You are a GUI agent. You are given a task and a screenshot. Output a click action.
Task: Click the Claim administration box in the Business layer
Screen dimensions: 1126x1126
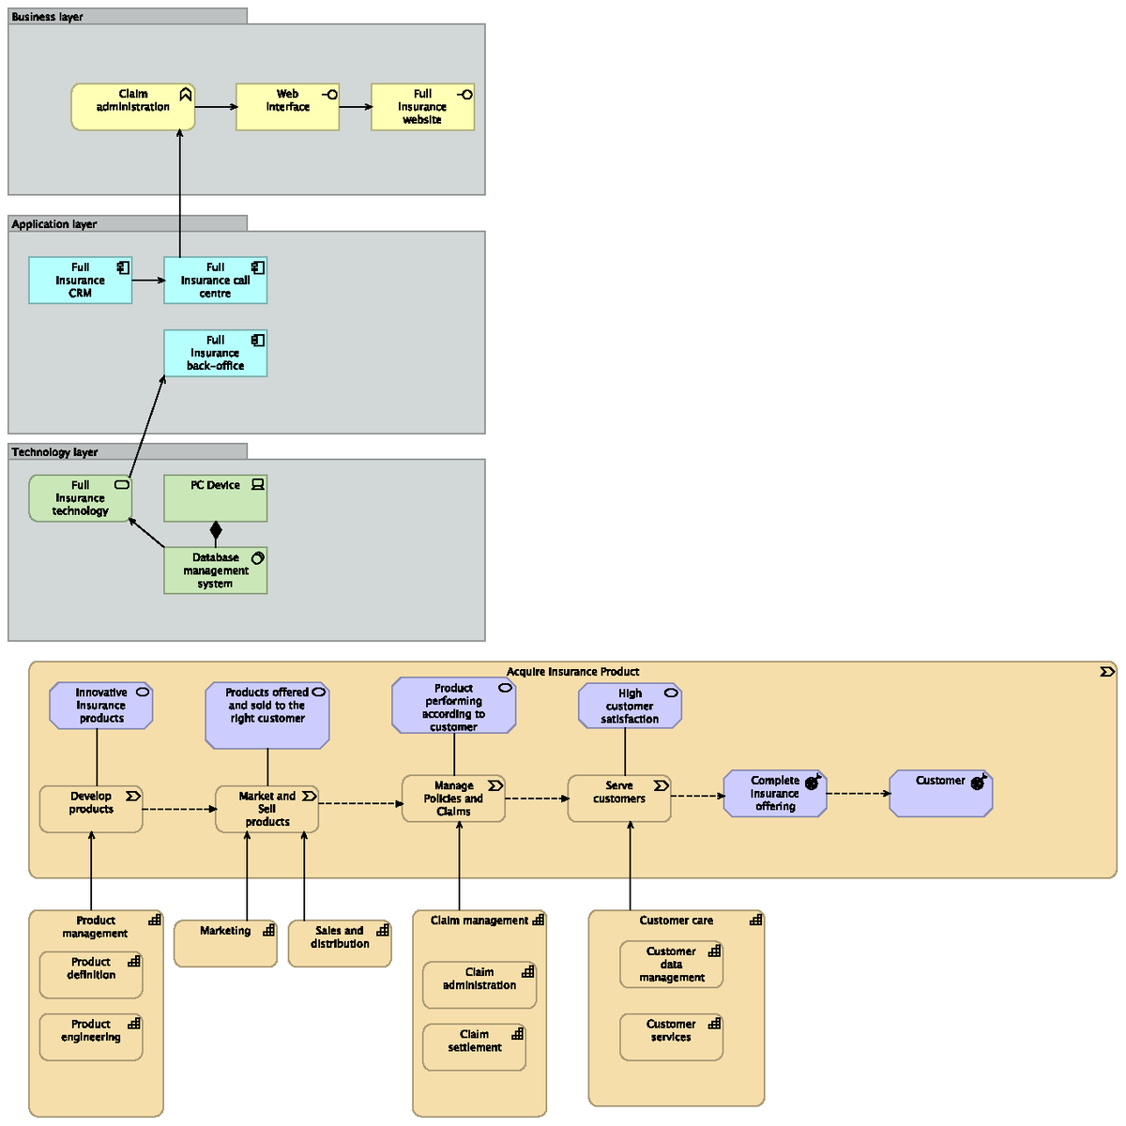click(132, 107)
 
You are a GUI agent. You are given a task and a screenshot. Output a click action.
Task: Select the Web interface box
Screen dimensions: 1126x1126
click(287, 107)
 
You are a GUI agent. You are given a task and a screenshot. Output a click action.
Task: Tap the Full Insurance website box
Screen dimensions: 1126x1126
click(422, 107)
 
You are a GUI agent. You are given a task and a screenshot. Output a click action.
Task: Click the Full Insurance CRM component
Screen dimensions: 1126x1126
click(80, 281)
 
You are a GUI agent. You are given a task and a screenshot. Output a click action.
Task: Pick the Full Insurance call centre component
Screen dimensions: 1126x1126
click(215, 281)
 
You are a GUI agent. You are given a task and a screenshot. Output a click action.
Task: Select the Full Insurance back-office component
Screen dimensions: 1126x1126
click(215, 354)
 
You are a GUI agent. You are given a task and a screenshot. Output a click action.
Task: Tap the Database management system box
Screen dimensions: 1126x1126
click(215, 571)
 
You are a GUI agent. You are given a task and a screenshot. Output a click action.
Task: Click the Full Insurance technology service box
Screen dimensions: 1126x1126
click(80, 498)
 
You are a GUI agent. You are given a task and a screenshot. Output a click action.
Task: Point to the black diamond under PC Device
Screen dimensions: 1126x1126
click(216, 530)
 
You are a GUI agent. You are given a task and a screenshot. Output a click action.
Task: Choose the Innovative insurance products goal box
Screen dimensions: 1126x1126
click(100, 706)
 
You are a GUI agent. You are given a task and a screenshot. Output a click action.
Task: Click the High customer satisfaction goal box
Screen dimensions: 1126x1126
click(630, 706)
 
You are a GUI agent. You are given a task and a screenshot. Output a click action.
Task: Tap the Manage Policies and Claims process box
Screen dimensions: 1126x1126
click(453, 799)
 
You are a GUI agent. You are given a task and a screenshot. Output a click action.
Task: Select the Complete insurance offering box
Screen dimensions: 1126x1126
click(775, 794)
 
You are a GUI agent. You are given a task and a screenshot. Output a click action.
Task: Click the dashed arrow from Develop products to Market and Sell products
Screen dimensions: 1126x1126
click(178, 809)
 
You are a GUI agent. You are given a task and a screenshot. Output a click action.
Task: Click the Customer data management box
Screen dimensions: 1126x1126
click(671, 966)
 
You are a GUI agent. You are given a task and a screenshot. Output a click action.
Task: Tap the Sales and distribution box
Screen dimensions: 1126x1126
click(339, 943)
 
